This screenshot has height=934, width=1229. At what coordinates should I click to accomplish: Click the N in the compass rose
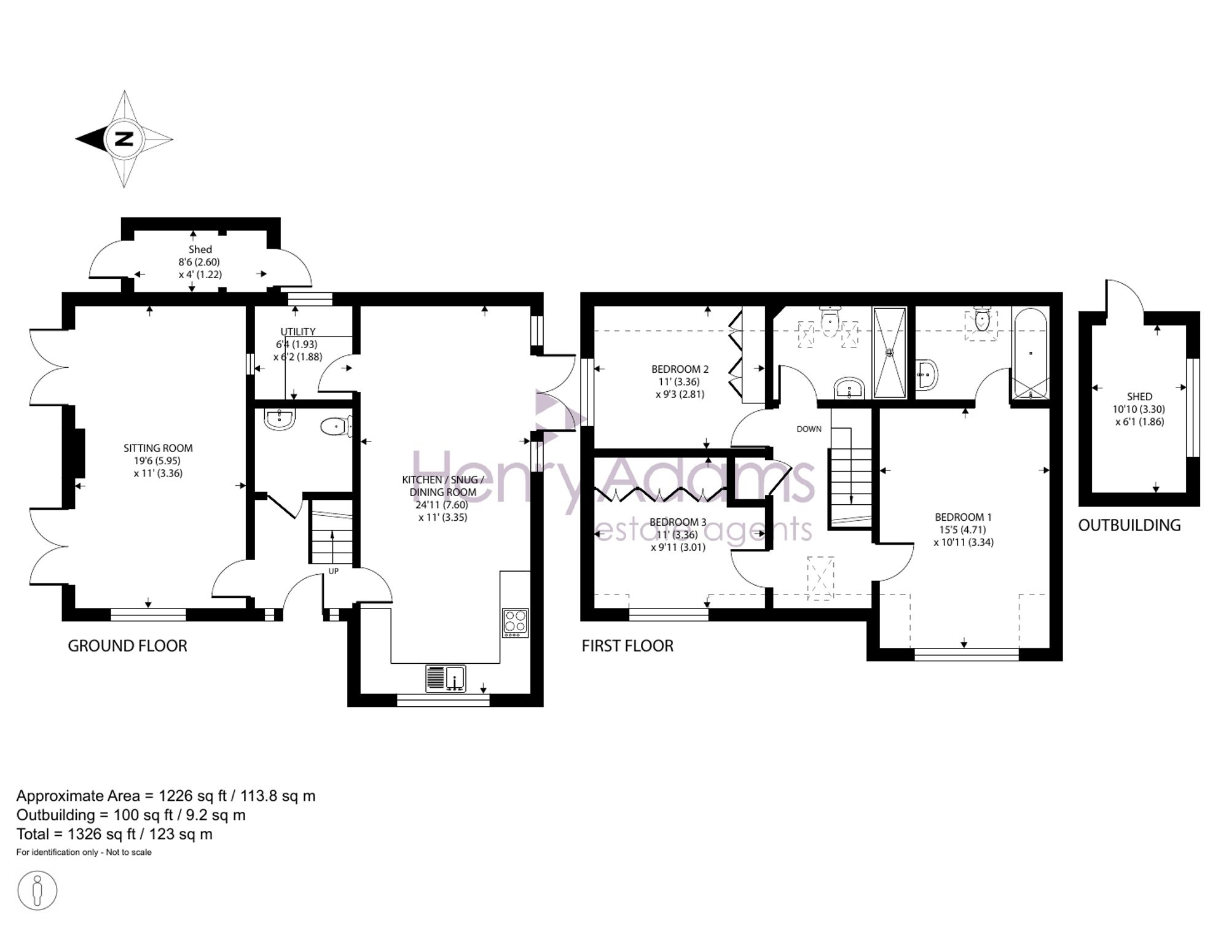point(124,139)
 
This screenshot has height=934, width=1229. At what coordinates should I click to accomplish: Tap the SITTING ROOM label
point(158,448)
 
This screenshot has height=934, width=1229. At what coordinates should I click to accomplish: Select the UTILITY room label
point(298,332)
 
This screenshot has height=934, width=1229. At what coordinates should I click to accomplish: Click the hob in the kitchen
point(515,622)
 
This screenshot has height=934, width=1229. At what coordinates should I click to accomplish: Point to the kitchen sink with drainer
point(446,679)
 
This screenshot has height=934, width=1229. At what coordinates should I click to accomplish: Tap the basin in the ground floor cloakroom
point(280,418)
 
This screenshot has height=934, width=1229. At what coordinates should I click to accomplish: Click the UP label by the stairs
point(334,571)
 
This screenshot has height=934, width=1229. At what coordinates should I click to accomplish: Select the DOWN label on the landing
point(809,429)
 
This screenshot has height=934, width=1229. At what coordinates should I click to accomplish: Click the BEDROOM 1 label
point(963,517)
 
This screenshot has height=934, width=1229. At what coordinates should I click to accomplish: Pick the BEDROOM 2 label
point(680,369)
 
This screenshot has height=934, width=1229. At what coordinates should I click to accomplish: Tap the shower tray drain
point(889,352)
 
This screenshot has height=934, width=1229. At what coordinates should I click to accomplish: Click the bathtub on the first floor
point(1031,354)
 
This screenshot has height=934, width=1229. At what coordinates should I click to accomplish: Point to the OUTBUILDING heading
point(1129,525)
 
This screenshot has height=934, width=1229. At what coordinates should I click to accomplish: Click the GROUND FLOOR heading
point(127,645)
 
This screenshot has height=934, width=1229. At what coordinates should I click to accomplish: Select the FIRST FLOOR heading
point(627,645)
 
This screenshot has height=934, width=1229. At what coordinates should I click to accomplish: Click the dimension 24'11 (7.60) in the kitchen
point(442,505)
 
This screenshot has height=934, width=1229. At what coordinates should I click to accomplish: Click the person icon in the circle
point(37,890)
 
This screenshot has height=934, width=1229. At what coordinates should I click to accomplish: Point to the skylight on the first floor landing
point(820,578)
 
